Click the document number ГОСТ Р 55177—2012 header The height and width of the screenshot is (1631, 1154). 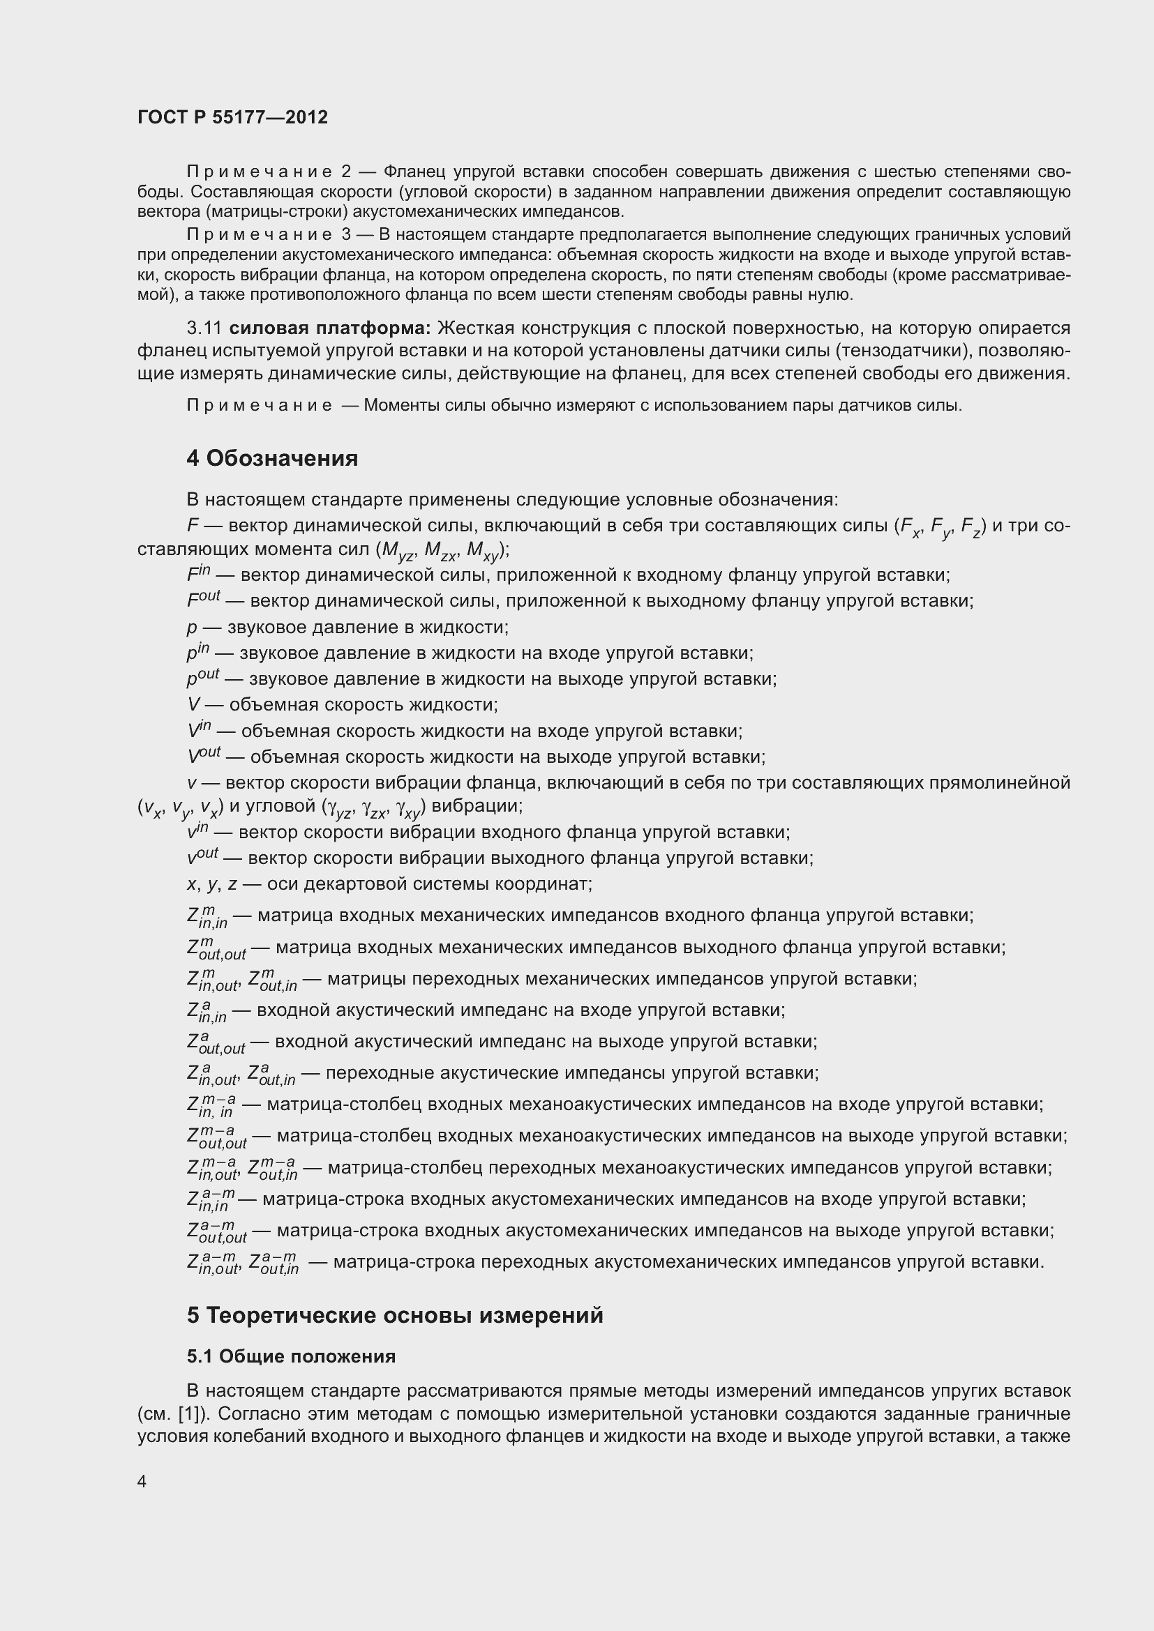(232, 117)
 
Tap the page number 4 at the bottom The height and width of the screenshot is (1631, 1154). (142, 1481)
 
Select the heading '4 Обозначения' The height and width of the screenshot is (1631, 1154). (271, 458)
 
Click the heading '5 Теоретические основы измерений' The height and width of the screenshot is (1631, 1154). (394, 1316)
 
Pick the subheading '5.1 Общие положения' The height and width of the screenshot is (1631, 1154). (292, 1356)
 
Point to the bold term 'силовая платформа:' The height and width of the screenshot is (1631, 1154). (330, 328)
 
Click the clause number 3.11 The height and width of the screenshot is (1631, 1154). (204, 328)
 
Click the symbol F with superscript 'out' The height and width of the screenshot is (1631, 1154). (203, 600)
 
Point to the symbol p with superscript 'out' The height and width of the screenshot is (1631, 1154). (202, 678)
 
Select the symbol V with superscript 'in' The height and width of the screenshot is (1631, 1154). (199, 730)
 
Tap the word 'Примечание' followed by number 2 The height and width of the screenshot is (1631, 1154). (260, 172)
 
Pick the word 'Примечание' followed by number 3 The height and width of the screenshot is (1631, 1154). (260, 235)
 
